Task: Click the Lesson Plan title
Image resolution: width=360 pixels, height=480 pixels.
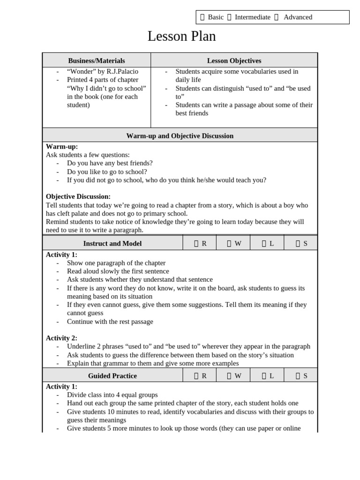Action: tap(181, 36)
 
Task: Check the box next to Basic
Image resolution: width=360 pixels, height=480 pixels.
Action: tap(202, 17)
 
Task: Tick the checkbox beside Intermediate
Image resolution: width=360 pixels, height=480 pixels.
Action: tap(229, 17)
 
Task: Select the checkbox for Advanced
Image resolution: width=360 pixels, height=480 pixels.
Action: tap(276, 17)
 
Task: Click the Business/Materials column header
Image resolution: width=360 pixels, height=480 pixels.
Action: tap(97, 60)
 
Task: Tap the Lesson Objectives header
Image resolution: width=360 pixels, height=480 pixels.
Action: tap(234, 60)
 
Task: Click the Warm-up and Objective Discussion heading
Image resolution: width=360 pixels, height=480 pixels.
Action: tap(180, 135)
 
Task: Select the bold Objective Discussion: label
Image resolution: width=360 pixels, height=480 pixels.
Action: tap(78, 196)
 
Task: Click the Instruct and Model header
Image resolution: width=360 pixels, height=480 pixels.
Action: tap(112, 243)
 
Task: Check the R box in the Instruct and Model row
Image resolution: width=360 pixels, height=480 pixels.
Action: tap(196, 243)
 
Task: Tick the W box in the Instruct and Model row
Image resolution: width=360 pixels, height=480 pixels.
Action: tap(229, 243)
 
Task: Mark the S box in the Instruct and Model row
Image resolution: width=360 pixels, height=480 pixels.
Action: tap(298, 243)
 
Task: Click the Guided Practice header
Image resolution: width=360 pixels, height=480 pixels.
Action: tap(112, 375)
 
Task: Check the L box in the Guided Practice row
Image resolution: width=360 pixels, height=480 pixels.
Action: tap(264, 375)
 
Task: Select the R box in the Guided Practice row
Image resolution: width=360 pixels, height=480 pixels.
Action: tap(196, 375)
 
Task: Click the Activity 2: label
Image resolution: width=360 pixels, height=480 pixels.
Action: tap(61, 338)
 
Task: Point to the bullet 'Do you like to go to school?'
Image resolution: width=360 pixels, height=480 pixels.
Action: tap(107, 172)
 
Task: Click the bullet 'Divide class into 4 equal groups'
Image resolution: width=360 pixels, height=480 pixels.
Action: tap(112, 395)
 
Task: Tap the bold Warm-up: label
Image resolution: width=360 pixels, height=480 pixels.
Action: tap(62, 146)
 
